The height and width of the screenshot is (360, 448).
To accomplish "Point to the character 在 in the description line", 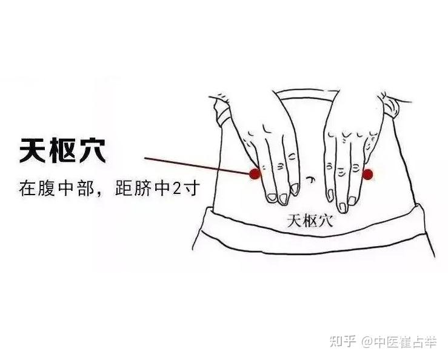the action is click(x=27, y=188).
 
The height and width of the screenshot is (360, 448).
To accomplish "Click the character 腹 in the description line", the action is click(x=46, y=188).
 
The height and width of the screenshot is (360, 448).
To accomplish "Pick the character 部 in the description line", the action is click(x=85, y=188).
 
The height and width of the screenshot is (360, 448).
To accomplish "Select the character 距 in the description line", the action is click(x=124, y=188).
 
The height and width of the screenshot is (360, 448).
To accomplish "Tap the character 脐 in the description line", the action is click(x=142, y=188).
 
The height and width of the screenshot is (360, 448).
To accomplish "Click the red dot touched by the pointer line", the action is click(x=255, y=174).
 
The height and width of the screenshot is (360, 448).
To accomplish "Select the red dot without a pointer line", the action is click(x=367, y=174).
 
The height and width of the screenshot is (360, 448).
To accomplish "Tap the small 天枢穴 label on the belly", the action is click(x=310, y=221).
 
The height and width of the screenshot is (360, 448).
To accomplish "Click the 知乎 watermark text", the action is click(x=343, y=341).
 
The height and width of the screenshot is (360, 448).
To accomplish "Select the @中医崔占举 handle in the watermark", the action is click(x=399, y=342).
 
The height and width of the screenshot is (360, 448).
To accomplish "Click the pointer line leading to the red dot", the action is click(x=197, y=165).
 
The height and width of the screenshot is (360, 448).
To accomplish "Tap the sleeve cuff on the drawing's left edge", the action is click(x=222, y=110).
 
